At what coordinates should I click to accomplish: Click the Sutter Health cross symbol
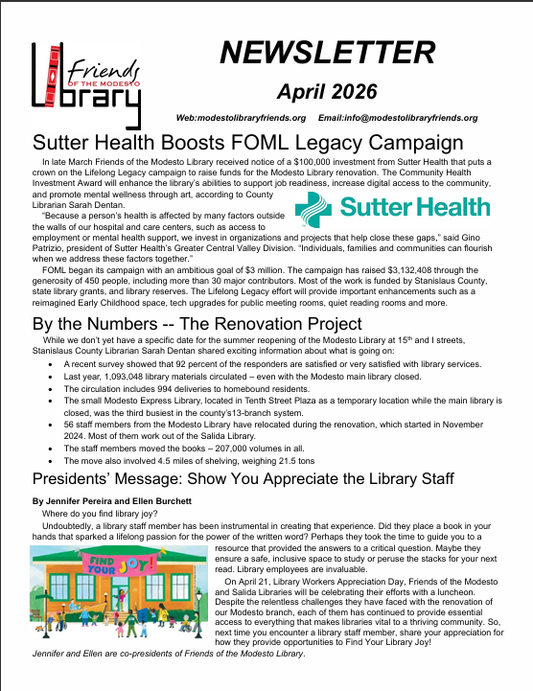pos(315,206)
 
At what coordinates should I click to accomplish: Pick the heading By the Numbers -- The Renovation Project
pos(197,323)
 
